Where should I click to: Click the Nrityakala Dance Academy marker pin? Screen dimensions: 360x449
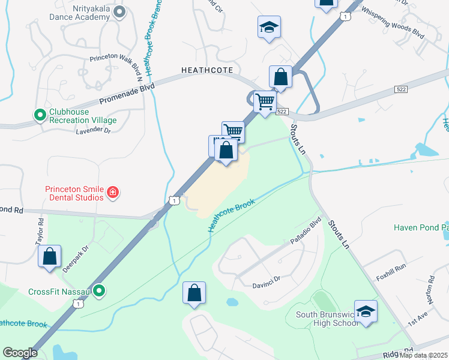pos(119,11)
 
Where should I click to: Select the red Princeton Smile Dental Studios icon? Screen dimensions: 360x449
pos(112,193)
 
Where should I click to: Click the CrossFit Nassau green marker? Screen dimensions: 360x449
pos(100,292)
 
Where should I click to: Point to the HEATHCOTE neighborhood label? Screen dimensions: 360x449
pos(206,70)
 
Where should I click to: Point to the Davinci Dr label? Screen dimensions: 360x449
pos(266,278)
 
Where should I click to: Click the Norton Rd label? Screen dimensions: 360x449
pos(431,289)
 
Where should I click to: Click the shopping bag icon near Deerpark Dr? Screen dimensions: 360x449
pos(50,256)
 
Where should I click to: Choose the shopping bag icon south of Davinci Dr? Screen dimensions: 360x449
pos(194,293)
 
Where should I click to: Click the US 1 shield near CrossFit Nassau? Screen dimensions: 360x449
pos(77,305)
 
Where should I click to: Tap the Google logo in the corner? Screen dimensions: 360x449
pos(20,353)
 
